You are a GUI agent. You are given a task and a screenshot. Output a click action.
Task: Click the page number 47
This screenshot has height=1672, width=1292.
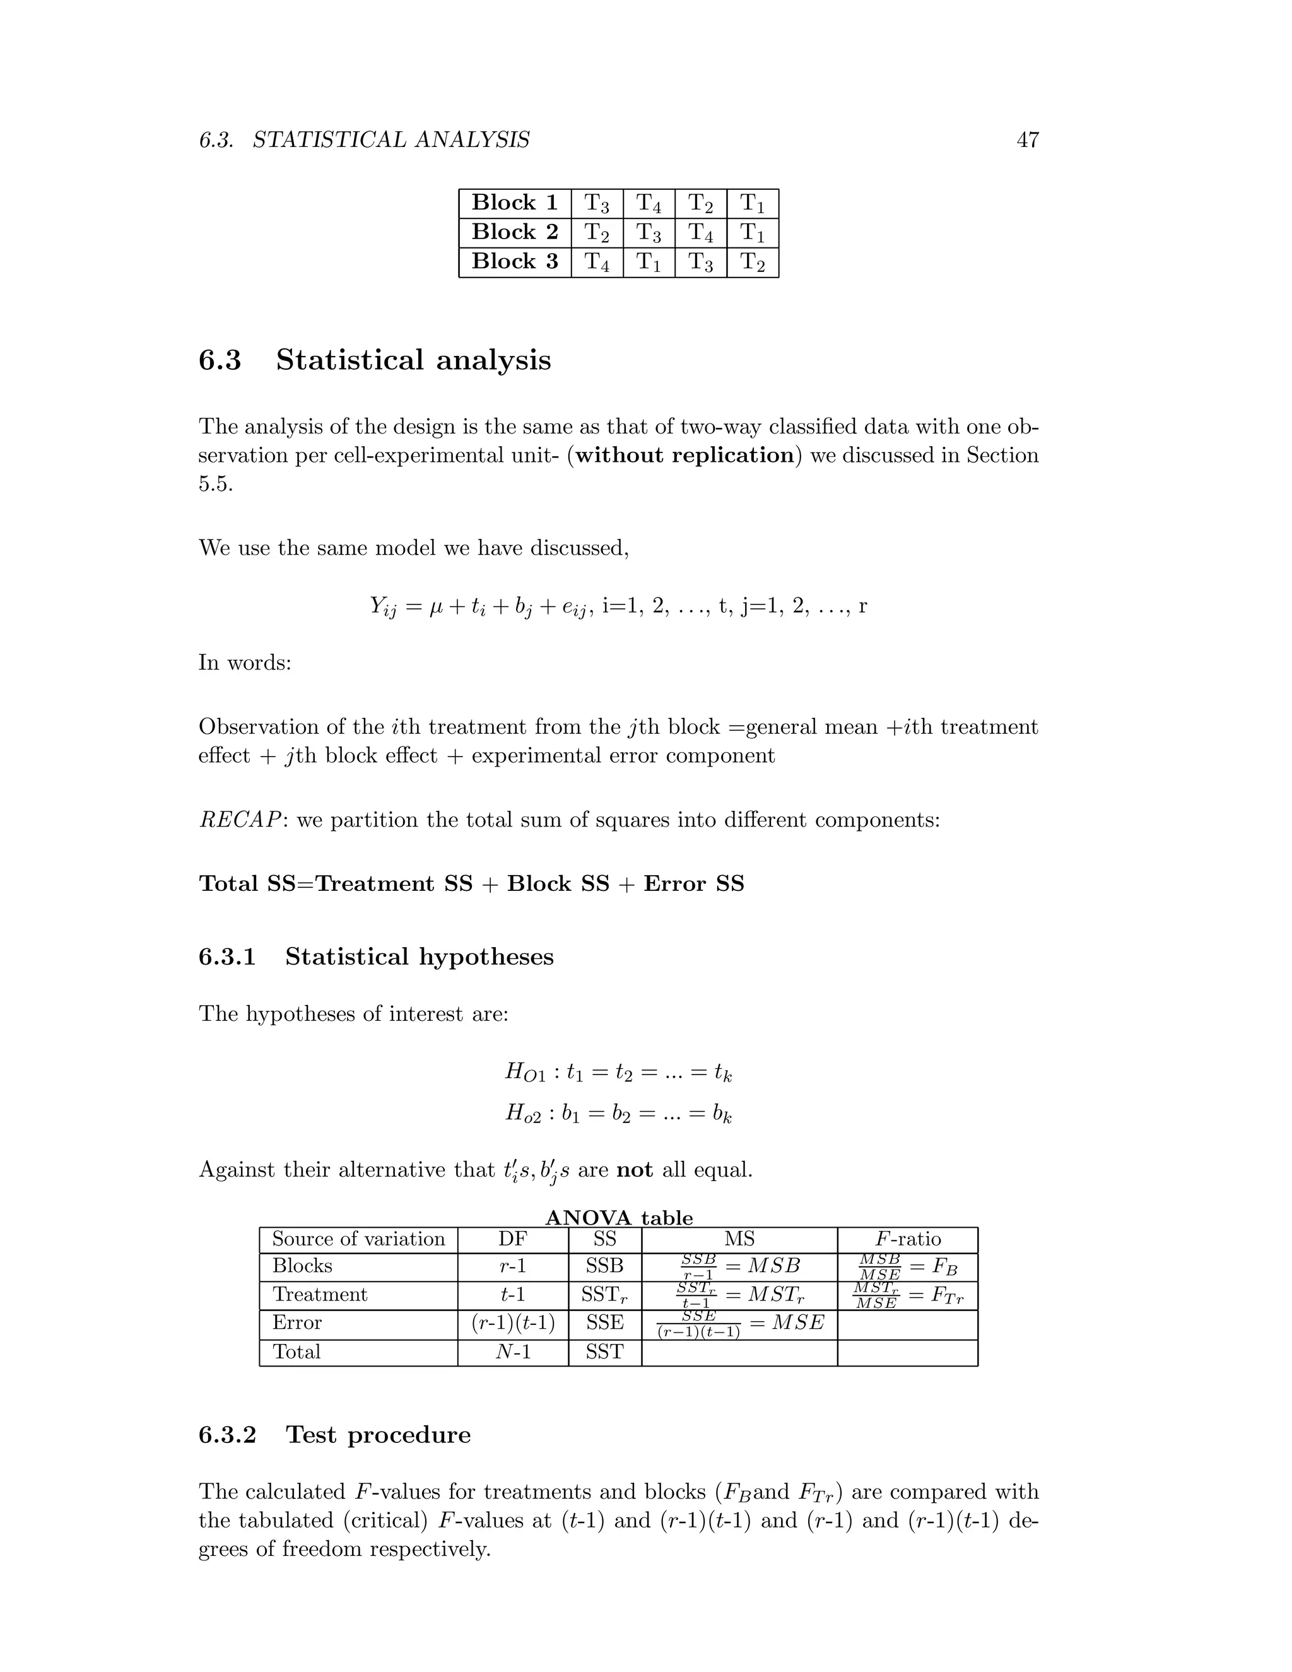coord(1027,140)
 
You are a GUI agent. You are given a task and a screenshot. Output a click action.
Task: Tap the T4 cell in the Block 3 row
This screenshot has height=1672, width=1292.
coord(597,262)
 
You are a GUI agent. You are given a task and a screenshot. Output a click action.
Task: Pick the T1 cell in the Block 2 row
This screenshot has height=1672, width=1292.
coord(753,233)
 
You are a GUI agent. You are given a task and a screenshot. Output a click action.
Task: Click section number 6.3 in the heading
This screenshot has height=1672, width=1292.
coord(220,360)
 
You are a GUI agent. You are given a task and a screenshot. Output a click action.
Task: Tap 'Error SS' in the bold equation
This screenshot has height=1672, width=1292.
coord(693,883)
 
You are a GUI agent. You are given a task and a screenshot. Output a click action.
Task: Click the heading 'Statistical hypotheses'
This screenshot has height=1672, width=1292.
coord(419,957)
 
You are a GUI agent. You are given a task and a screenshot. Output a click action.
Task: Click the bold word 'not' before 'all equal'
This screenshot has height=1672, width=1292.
coord(634,1170)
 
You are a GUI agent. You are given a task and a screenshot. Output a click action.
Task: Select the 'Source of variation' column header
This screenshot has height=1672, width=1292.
coord(358,1239)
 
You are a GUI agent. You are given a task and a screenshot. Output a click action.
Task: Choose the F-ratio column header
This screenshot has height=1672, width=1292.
coord(908,1239)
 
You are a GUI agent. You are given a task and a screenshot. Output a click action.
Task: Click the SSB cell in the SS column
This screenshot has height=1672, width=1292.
coord(604,1266)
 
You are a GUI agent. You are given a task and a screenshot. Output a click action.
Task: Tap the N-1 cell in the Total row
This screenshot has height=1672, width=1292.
coord(513,1352)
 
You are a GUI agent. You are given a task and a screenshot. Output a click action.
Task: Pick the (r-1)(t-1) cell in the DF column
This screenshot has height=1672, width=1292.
coord(513,1323)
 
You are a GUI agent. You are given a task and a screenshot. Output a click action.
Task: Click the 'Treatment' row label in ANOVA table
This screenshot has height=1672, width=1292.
coord(320,1295)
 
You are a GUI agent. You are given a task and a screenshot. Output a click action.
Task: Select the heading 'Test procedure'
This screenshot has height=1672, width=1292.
coord(378,1435)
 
